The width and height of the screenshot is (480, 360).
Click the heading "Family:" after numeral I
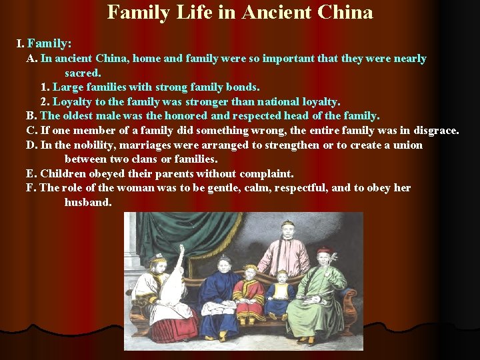click(x=49, y=43)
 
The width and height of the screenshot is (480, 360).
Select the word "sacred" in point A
click(x=82, y=73)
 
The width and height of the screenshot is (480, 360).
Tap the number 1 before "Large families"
click(x=44, y=87)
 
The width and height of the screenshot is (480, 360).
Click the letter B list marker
click(x=31, y=116)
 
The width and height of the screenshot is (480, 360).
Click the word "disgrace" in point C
click(x=434, y=130)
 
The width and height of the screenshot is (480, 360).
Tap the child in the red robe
click(x=249, y=293)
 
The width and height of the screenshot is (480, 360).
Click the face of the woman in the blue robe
click(x=225, y=265)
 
